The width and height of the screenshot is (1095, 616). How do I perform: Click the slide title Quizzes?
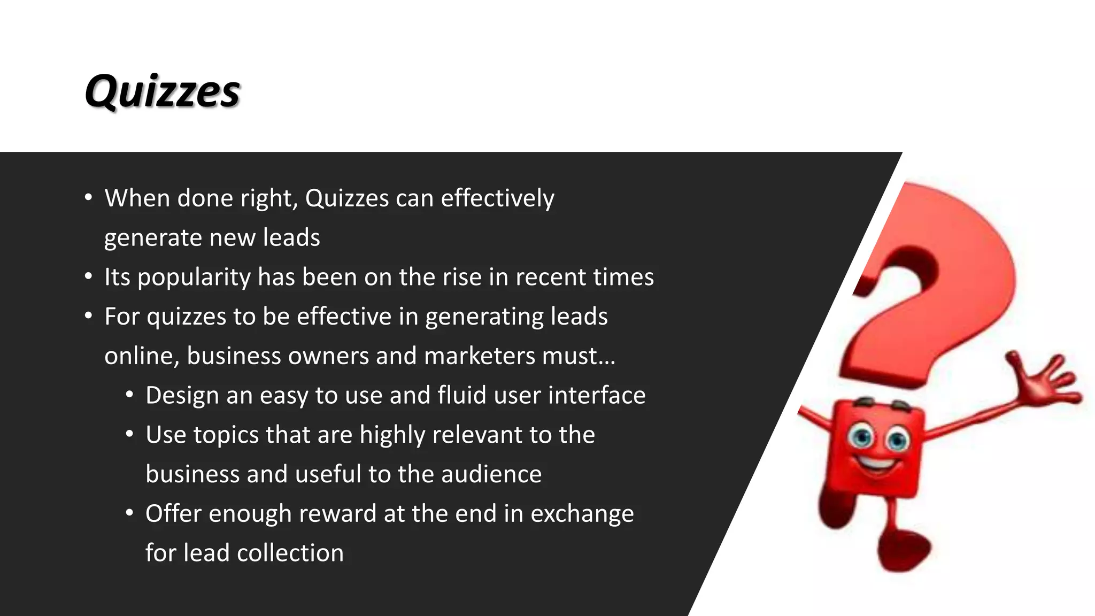click(x=162, y=91)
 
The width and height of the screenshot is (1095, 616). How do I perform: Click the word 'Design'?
click(x=182, y=396)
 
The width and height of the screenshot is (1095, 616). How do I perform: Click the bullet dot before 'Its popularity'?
click(x=89, y=277)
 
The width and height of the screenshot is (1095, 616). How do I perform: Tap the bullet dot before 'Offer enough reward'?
click(x=129, y=513)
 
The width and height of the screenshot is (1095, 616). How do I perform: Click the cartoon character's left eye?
click(x=861, y=437)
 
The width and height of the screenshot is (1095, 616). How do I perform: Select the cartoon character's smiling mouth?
click(x=877, y=463)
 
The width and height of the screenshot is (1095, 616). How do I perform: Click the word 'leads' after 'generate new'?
click(x=291, y=238)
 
